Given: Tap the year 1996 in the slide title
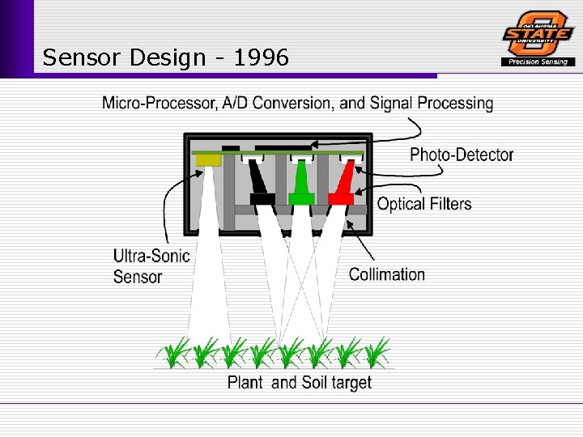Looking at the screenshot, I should click(x=261, y=57).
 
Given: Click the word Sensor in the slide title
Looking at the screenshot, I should click(x=80, y=57).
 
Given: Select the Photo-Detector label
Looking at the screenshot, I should click(x=462, y=155).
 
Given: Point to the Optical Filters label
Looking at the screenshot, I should click(x=424, y=204).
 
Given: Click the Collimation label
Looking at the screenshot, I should click(x=387, y=274).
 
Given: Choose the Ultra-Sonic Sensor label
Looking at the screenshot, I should click(x=151, y=266).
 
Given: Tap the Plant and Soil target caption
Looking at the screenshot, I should click(x=300, y=383).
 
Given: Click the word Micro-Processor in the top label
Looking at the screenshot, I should click(x=158, y=104).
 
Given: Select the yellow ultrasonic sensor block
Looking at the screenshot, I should click(x=208, y=160).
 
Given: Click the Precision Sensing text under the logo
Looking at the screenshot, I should click(x=538, y=62).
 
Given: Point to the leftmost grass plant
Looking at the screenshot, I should click(x=173, y=354).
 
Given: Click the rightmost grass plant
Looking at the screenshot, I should click(x=377, y=354).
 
